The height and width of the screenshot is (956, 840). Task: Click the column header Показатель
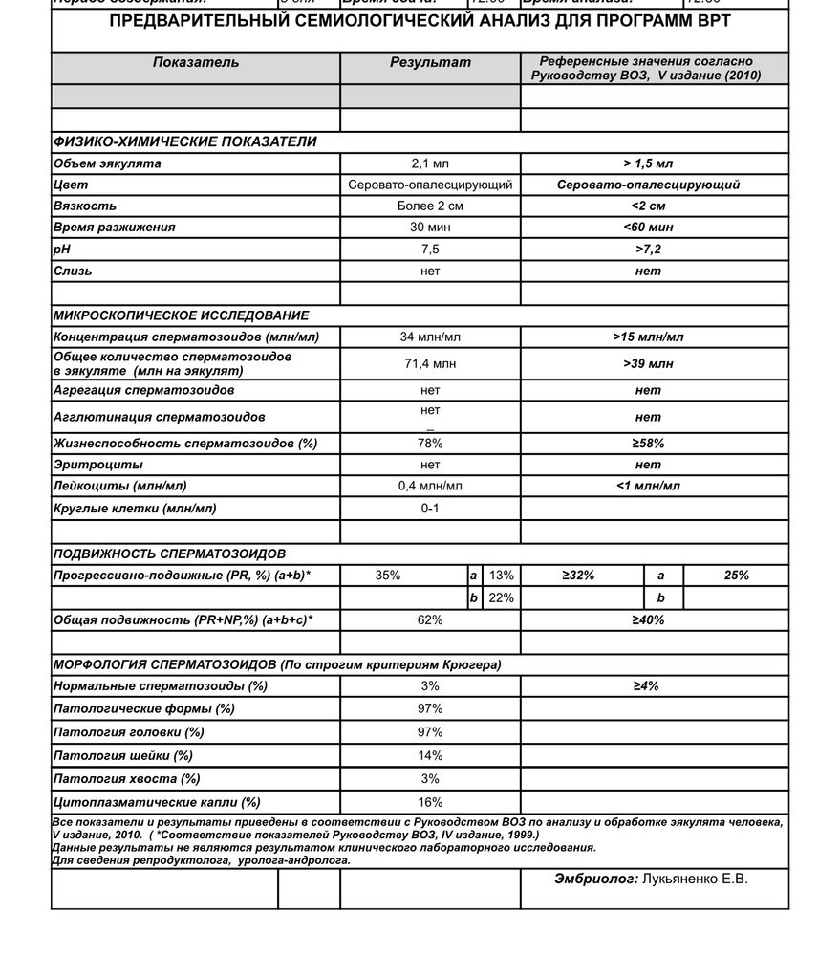[196, 63]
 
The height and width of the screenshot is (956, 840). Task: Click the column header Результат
[430, 63]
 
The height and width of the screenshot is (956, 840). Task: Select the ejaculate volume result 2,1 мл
[430, 163]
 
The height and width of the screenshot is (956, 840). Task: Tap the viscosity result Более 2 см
[430, 206]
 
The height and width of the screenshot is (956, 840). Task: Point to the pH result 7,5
[430, 250]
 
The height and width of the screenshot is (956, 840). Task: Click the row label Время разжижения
[115, 228]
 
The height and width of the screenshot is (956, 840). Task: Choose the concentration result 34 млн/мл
[430, 337]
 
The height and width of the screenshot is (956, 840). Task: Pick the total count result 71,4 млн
[430, 363]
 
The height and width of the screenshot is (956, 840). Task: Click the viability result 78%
[430, 444]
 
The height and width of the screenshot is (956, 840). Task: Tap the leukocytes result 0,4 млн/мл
[430, 487]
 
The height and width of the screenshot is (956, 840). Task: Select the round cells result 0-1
[430, 509]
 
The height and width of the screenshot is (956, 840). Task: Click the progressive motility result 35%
[388, 576]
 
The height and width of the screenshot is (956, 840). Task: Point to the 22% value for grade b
[501, 598]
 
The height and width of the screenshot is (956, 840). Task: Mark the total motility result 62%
[430, 620]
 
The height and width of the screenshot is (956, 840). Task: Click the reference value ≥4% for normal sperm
[647, 686]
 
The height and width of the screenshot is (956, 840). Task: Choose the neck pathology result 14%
[430, 756]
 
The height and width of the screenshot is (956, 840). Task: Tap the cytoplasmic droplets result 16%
[430, 803]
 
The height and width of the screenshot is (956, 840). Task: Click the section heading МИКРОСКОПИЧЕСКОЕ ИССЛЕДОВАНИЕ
[182, 315]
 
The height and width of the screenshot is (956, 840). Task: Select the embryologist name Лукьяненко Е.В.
[696, 880]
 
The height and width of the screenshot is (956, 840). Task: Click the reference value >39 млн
[648, 363]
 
